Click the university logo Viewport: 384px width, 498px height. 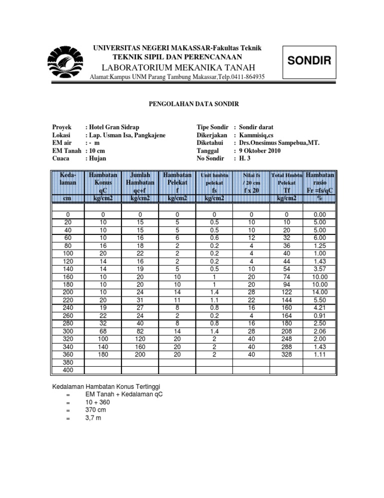click(x=66, y=62)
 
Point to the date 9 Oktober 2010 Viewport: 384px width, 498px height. click(x=266, y=151)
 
